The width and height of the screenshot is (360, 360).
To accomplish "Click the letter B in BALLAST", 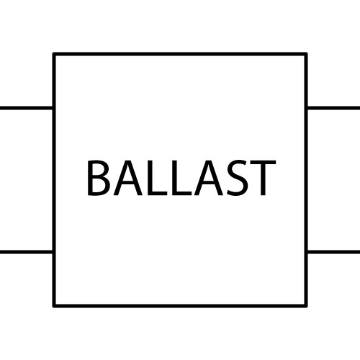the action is click(x=99, y=178).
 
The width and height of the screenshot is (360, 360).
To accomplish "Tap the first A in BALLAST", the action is click(x=127, y=178).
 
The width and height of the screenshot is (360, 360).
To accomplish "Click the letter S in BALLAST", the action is click(x=237, y=178).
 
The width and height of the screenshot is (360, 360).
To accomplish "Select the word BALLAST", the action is click(x=181, y=178).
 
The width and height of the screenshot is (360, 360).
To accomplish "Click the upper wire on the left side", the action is click(x=26, y=108).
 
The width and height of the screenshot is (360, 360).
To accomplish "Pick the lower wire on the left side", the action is click(x=26, y=252).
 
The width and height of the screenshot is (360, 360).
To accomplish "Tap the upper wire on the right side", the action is click(x=334, y=108).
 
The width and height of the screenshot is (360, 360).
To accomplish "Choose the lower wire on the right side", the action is click(x=334, y=252).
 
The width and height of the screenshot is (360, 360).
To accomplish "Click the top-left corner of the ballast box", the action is click(x=54, y=54).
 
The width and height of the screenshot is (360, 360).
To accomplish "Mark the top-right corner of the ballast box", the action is click(x=306, y=54).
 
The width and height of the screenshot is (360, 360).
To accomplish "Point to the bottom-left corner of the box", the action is click(x=54, y=306).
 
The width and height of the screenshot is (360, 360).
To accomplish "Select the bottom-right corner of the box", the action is click(x=306, y=306).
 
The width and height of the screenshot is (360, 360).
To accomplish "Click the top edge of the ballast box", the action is click(x=180, y=54).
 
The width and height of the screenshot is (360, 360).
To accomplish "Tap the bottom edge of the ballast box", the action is click(x=180, y=306).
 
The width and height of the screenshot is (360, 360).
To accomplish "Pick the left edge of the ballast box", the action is click(x=54, y=180).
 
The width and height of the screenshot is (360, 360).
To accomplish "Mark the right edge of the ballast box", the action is click(x=306, y=180).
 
